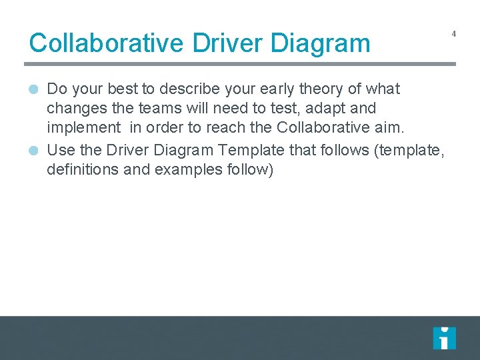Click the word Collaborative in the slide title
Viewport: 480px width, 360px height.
(107, 43)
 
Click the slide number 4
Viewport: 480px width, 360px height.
(453, 33)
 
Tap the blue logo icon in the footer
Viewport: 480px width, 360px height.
(444, 338)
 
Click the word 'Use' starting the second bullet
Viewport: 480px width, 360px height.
(61, 151)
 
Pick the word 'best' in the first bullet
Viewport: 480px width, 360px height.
(122, 89)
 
